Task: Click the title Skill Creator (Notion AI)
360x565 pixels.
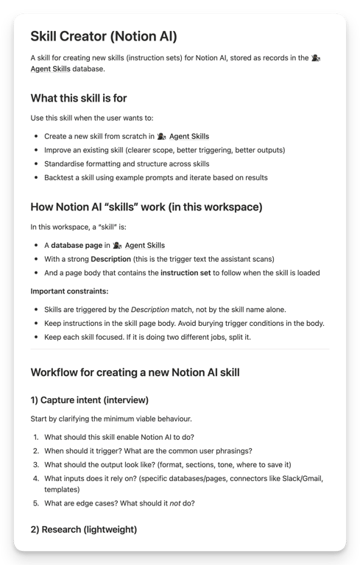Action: (104, 36)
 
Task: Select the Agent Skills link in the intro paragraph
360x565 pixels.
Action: (51, 68)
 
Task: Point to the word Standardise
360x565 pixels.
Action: (68, 163)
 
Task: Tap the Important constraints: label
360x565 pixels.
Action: (69, 291)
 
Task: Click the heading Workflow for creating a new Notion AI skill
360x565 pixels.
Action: (135, 372)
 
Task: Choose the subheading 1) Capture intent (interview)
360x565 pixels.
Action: (89, 400)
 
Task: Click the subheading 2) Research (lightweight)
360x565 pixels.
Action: (83, 529)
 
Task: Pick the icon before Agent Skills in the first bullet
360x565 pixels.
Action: (161, 136)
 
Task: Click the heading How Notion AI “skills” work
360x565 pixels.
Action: (147, 207)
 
